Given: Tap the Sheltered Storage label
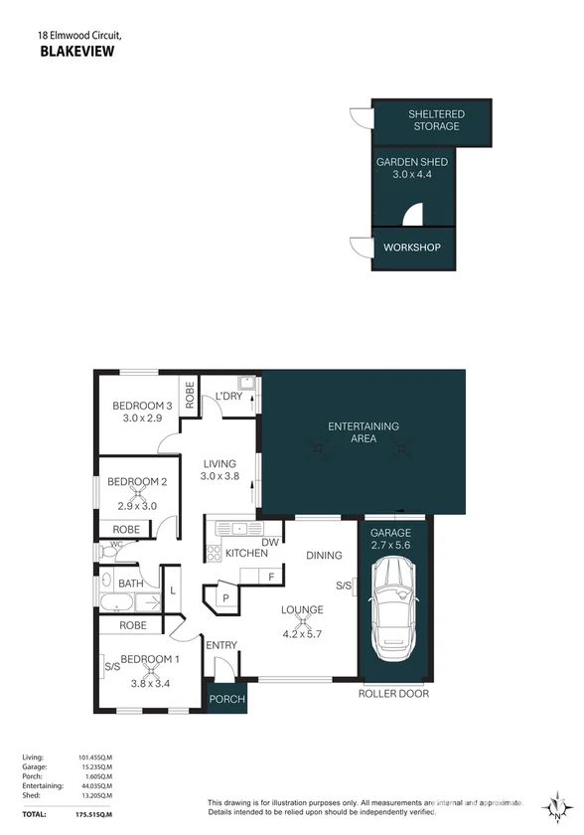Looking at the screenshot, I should point(436,120).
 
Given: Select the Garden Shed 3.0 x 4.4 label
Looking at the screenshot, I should point(411,167).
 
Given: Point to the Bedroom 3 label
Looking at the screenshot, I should point(142,406).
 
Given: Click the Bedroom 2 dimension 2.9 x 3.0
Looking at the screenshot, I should point(138,507).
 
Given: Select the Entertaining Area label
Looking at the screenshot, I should point(364,432).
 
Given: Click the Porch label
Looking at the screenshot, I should point(226,700).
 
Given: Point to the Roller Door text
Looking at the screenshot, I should point(393,694).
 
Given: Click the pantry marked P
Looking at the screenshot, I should point(224,598).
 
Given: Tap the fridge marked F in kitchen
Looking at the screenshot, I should point(269,576).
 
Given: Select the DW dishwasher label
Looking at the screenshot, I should point(269,542).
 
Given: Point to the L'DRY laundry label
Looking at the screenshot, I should point(228,397).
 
